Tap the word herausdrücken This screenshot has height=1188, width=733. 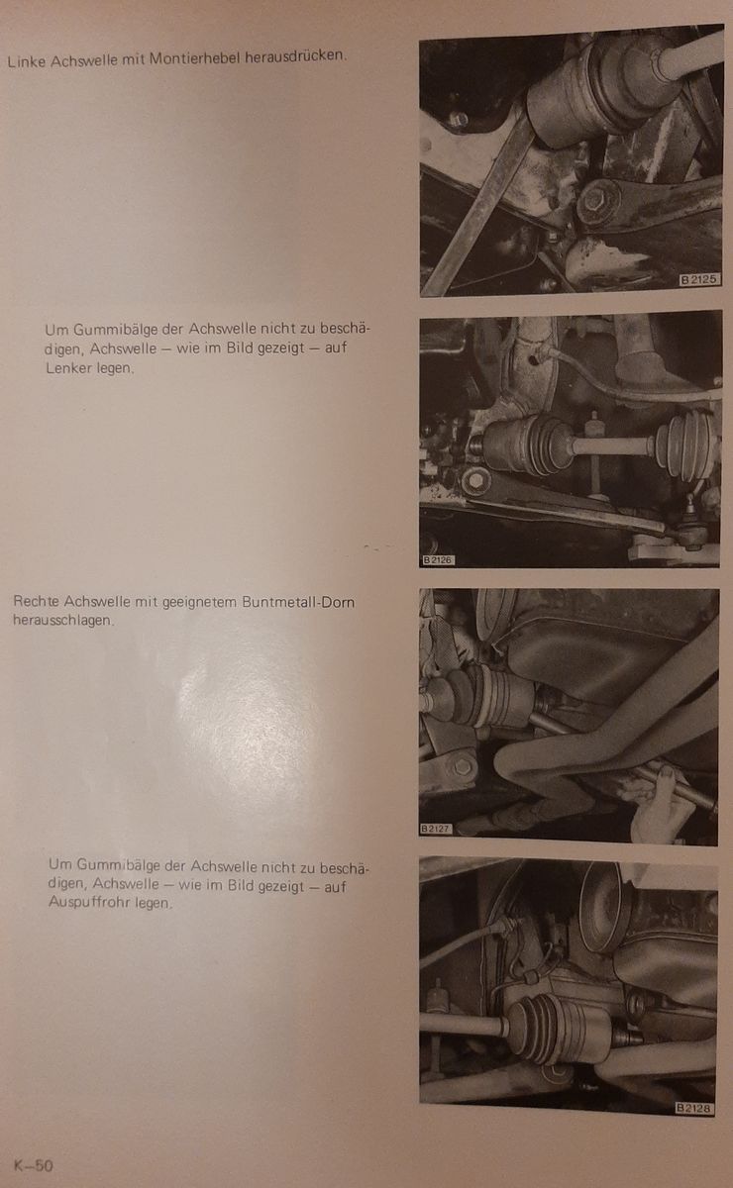(x=295, y=55)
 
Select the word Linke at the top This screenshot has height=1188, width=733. (x=27, y=61)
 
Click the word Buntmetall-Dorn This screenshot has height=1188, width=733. (x=298, y=602)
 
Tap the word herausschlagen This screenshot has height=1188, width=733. (x=63, y=620)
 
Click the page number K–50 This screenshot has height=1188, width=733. (x=34, y=1165)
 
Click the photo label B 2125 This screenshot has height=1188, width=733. (x=699, y=279)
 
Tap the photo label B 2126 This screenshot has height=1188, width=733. (x=438, y=560)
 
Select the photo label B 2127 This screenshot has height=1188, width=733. (x=436, y=829)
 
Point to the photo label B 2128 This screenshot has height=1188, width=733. (x=693, y=1108)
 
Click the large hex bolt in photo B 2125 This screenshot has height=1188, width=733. (x=598, y=201)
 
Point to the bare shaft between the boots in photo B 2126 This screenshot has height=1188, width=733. (x=613, y=445)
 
